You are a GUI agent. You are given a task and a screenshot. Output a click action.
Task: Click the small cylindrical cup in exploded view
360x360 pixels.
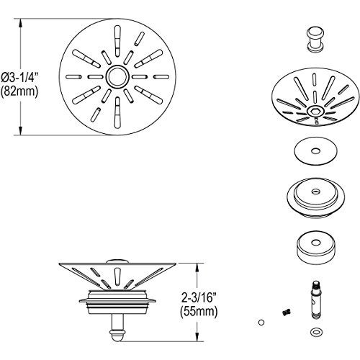point(315,247)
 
